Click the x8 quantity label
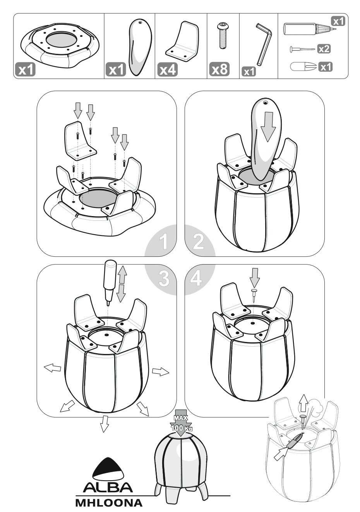[x=219, y=69]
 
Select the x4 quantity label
[x=168, y=69]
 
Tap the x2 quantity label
[x=324, y=49]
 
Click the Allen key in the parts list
[x=263, y=44]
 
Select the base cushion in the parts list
[x=60, y=45]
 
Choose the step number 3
[x=164, y=278]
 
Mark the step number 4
[x=196, y=278]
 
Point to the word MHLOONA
[x=109, y=503]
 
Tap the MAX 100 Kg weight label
[x=181, y=424]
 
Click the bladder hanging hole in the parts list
[x=140, y=22]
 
